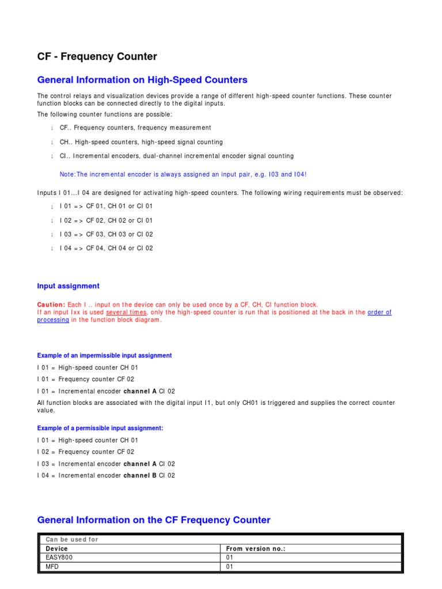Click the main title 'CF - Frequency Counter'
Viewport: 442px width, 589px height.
pyautogui.click(x=97, y=56)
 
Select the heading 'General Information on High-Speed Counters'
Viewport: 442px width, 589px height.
pyautogui.click(x=142, y=80)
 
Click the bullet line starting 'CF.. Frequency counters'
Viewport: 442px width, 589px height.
pyautogui.click(x=135, y=128)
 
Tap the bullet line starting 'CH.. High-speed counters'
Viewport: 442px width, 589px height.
pyautogui.click(x=141, y=142)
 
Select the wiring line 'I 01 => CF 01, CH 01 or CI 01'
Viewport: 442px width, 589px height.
pyautogui.click(x=106, y=206)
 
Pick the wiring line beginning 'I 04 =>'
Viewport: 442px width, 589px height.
pyautogui.click(x=106, y=248)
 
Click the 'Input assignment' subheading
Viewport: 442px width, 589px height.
pyautogui.click(x=68, y=286)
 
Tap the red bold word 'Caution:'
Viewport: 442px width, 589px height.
pyautogui.click(x=51, y=304)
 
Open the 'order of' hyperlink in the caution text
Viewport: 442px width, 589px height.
pyautogui.click(x=379, y=312)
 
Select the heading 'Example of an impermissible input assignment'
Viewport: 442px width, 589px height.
pyautogui.click(x=104, y=355)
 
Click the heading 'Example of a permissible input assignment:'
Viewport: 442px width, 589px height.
pyautogui.click(x=100, y=428)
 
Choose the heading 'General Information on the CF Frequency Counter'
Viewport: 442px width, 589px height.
pyautogui.click(x=154, y=520)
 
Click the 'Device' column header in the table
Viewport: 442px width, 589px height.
pyautogui.click(x=56, y=549)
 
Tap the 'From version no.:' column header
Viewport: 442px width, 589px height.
pyautogui.click(x=256, y=549)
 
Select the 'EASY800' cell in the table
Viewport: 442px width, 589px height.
pyautogui.click(x=59, y=557)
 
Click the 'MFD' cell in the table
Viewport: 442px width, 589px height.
pyautogui.click(x=52, y=567)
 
